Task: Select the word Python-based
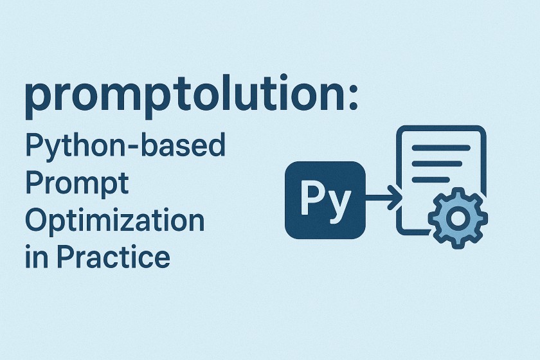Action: point(125,148)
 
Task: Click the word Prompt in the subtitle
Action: point(77,184)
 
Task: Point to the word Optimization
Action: point(114,222)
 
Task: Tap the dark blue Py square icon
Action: point(325,200)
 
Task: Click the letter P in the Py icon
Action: point(312,199)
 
